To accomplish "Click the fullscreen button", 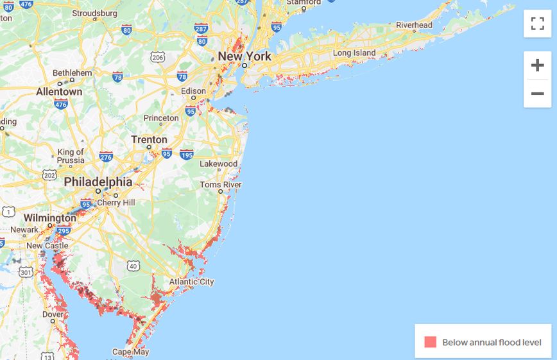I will coord(537,24).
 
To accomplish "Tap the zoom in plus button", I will coord(537,65).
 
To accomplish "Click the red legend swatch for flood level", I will coord(430,342).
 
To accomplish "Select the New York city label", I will coord(244,56).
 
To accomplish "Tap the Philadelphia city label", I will coord(98,182).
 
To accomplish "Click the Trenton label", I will coord(149,140).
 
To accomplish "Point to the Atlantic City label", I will coord(191,282).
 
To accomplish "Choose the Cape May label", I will coord(131,352).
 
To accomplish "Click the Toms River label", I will coord(220,185).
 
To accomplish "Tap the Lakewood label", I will coord(218,164).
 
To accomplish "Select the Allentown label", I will coord(59,92).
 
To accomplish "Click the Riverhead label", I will coord(414,25).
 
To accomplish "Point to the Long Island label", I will coord(354,53).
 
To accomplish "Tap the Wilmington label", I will coord(50,218).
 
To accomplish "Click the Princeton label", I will coord(161,118).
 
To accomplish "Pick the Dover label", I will coord(53,314).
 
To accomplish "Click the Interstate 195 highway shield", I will coord(187,154).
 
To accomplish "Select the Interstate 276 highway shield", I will coord(106,157).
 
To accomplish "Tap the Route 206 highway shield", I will coord(158,58).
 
